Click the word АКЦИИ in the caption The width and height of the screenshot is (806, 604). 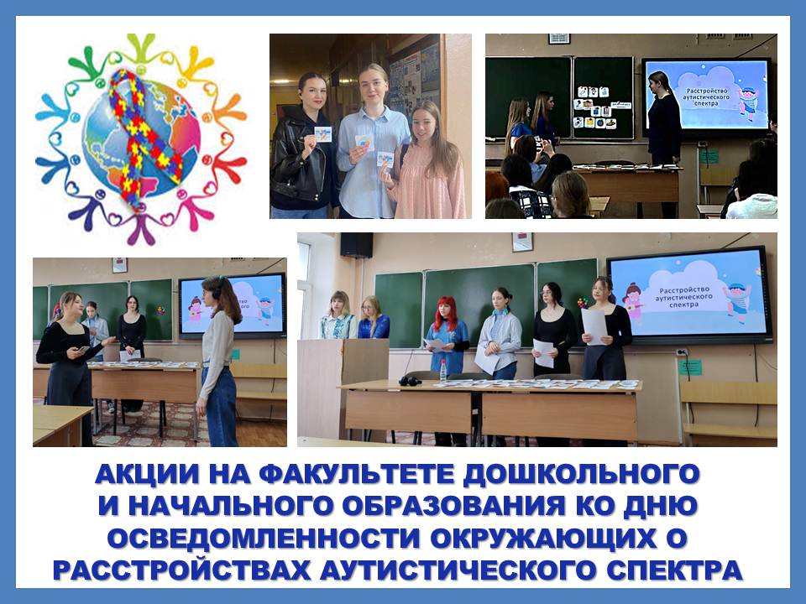tap(146, 473)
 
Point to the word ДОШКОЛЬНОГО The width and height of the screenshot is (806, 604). tap(581, 473)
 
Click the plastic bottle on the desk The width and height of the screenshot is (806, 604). tap(443, 371)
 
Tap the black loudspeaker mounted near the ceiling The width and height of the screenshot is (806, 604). tap(357, 245)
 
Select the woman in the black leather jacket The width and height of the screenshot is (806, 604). tap(301, 146)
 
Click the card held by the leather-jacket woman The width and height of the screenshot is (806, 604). tap(322, 134)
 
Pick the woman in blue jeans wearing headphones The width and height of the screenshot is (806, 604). tap(219, 361)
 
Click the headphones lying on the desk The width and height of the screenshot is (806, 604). tap(411, 381)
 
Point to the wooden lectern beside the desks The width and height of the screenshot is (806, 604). tap(344, 388)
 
